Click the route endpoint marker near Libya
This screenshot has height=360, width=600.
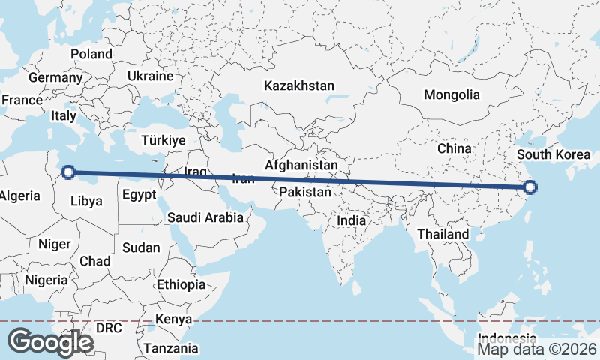[67, 172]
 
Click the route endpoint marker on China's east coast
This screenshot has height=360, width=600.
[530, 187]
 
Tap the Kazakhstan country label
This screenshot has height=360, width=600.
[298, 86]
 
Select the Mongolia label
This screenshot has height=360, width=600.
[451, 95]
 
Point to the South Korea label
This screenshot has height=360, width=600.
[554, 155]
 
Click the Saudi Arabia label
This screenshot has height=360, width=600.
[205, 217]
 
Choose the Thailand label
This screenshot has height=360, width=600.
[443, 234]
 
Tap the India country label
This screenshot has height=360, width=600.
[351, 221]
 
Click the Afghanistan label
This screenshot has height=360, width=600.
[301, 164]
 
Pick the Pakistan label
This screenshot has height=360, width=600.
[304, 193]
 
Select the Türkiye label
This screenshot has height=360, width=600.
[163, 140]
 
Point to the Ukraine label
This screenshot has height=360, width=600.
[150, 76]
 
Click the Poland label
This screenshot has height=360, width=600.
[91, 54]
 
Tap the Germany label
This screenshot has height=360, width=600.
[55, 77]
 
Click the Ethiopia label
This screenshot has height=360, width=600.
[181, 284]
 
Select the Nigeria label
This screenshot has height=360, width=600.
[46, 280]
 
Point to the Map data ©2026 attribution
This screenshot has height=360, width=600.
[538, 349]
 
